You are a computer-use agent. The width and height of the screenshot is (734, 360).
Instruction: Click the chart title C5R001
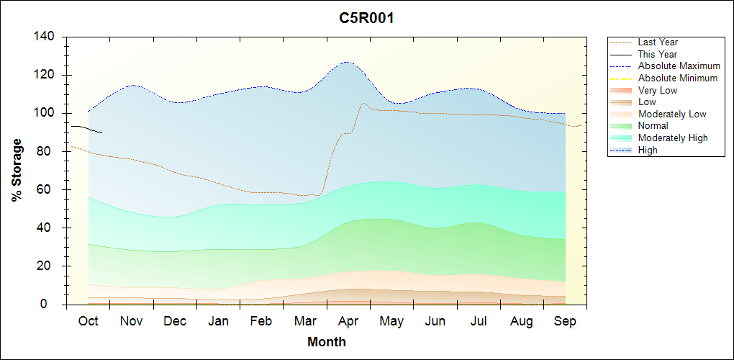click(366, 18)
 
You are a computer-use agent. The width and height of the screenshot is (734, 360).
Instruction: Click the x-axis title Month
click(327, 342)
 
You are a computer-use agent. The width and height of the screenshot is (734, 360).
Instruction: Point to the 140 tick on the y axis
click(47, 37)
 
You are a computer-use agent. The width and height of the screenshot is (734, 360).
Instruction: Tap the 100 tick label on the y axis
click(47, 113)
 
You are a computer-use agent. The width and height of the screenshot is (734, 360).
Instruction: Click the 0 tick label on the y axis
click(54, 305)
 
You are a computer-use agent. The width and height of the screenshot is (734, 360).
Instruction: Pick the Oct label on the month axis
click(89, 321)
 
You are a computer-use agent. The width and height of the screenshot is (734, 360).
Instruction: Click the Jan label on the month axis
click(219, 321)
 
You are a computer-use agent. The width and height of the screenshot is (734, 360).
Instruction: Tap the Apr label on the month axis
click(348, 321)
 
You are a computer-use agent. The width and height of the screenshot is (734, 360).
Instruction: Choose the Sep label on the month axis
click(565, 321)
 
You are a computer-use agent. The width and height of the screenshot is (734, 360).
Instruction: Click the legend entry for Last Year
click(658, 42)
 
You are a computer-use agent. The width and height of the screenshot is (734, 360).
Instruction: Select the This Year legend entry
click(658, 54)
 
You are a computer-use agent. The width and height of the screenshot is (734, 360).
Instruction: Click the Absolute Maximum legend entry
click(679, 66)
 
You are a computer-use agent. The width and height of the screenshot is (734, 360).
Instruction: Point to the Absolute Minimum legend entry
click(678, 78)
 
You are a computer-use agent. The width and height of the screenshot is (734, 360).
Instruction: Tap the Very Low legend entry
click(658, 90)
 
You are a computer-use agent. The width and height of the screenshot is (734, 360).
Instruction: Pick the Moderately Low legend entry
click(672, 114)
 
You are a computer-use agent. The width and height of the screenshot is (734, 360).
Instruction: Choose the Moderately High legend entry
click(673, 138)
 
